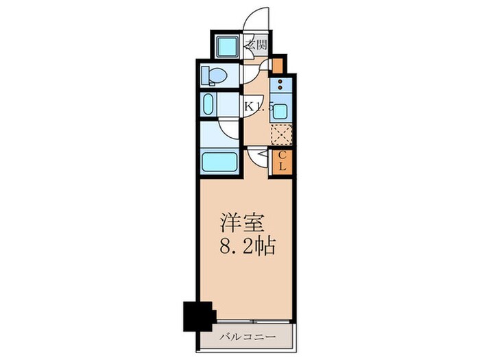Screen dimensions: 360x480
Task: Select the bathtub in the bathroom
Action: [219, 162]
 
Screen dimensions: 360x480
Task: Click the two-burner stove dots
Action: [280, 89]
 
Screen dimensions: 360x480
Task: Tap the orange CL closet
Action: [281, 163]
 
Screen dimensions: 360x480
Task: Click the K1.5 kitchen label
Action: [259, 106]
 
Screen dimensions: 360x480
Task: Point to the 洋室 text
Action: [239, 223]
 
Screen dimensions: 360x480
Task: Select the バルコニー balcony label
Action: [248, 337]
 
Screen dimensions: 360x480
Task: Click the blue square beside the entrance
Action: [224, 47]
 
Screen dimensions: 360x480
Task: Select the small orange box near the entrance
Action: [277, 65]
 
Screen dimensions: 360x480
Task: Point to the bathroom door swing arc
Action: [230, 130]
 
